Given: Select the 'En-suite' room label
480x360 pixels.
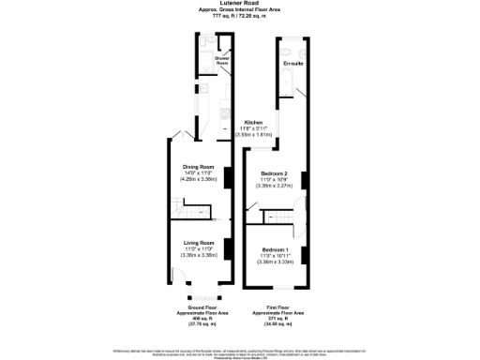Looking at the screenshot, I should pos(292,64).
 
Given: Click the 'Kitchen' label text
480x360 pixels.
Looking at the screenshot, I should pos(254,123).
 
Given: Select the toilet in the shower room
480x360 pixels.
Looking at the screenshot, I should pos(203,43).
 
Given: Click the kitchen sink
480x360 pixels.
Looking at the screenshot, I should pos(225,112).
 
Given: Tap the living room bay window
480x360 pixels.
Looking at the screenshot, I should pos(200,297).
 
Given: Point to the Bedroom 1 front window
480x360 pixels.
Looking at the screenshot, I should pos(275,286).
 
